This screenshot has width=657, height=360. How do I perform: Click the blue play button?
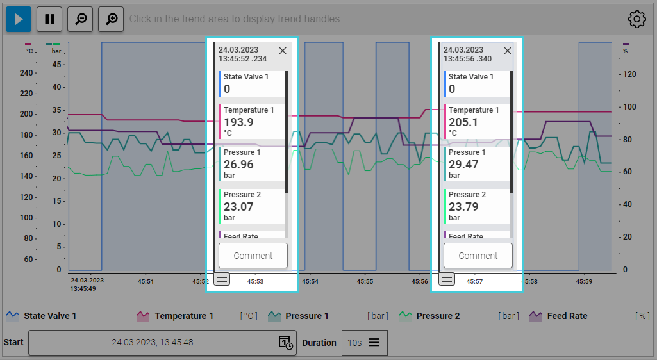(x=19, y=19)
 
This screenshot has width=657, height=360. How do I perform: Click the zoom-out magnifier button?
(x=80, y=19)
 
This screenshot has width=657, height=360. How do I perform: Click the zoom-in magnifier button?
(x=111, y=19)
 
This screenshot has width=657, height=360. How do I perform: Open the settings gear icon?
(x=636, y=19)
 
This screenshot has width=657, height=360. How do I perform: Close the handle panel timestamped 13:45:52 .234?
(x=283, y=51)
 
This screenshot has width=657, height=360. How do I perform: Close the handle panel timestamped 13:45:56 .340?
(x=508, y=51)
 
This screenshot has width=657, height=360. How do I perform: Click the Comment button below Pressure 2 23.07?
(x=253, y=256)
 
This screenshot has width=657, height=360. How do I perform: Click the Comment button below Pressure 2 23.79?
(x=478, y=256)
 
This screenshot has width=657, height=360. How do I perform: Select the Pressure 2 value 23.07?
(x=238, y=207)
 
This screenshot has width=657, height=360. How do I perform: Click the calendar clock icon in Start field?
(x=286, y=343)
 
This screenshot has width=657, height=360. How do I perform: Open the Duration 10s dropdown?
(x=364, y=343)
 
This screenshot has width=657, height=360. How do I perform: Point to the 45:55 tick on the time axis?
(x=365, y=281)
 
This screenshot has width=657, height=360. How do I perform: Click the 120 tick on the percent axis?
(x=629, y=74)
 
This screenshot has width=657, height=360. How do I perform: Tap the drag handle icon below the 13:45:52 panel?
(x=222, y=279)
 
